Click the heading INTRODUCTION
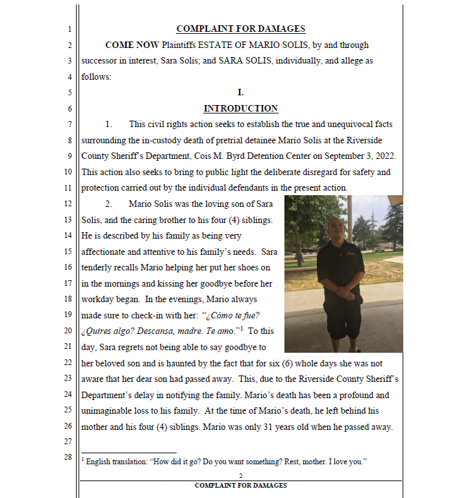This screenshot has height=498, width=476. pos(240,108)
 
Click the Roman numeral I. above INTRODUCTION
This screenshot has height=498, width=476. pos(241,93)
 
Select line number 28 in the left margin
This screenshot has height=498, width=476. pos(68,458)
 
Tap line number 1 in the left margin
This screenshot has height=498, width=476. pos(69,29)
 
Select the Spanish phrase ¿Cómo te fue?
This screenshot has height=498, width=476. pos(232,315)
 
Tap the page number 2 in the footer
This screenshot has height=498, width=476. pos(241,477)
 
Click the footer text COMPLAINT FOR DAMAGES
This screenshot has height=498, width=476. pos(241,486)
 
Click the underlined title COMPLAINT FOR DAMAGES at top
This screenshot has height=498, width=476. pos(240,29)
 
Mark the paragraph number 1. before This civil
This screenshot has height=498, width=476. pos(108,124)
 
